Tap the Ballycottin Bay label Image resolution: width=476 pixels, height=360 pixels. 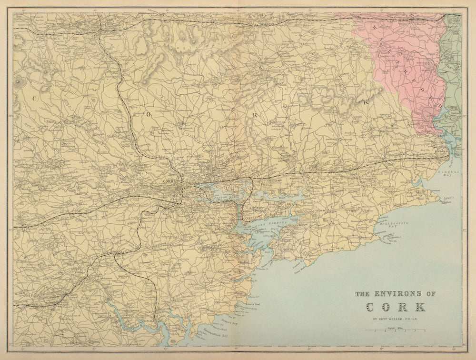coord(386,225)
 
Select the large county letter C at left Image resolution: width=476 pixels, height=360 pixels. coord(34,98)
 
